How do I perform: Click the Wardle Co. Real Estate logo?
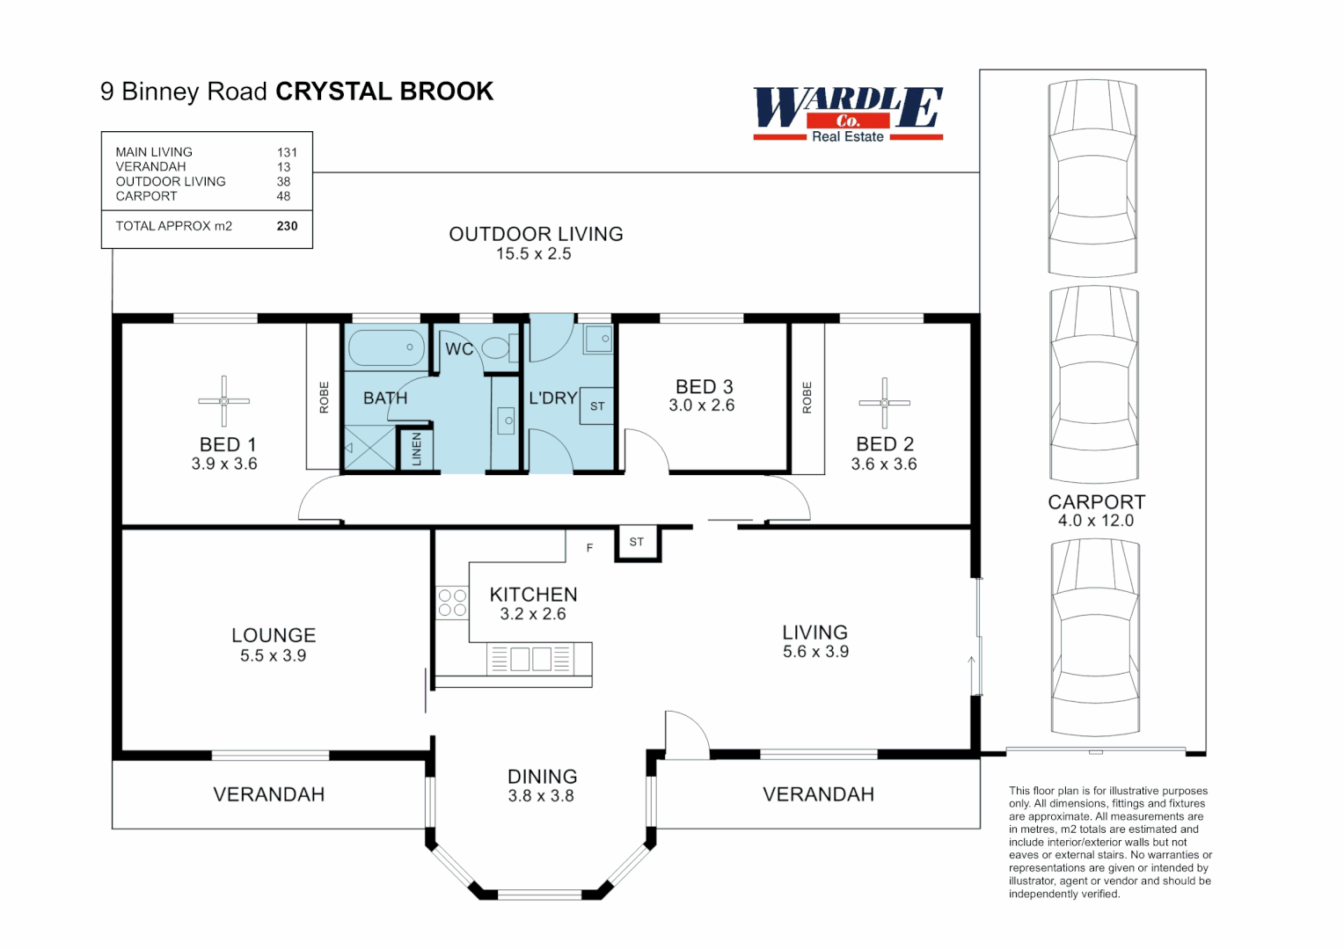(x=848, y=114)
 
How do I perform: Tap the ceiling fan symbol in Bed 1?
(x=223, y=401)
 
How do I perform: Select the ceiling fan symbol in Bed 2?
(x=884, y=403)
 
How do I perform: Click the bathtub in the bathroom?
(x=386, y=347)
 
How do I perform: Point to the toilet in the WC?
(x=500, y=347)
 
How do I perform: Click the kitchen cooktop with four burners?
(x=452, y=603)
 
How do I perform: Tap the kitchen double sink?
(x=530, y=659)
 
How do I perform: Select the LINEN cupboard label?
(x=416, y=449)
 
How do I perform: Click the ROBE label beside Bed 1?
(x=324, y=398)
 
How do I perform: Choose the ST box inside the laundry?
(x=597, y=406)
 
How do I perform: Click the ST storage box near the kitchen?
(x=637, y=543)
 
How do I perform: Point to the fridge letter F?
(x=590, y=547)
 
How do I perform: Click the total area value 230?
(x=287, y=226)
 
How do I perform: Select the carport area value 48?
(x=283, y=196)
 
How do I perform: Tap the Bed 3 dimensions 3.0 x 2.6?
(x=701, y=406)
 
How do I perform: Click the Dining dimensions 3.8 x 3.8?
(x=541, y=796)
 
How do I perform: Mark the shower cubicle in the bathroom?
(x=369, y=448)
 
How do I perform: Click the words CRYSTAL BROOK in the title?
(x=384, y=91)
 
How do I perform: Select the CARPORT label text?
(x=1096, y=501)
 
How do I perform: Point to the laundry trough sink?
(x=598, y=339)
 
